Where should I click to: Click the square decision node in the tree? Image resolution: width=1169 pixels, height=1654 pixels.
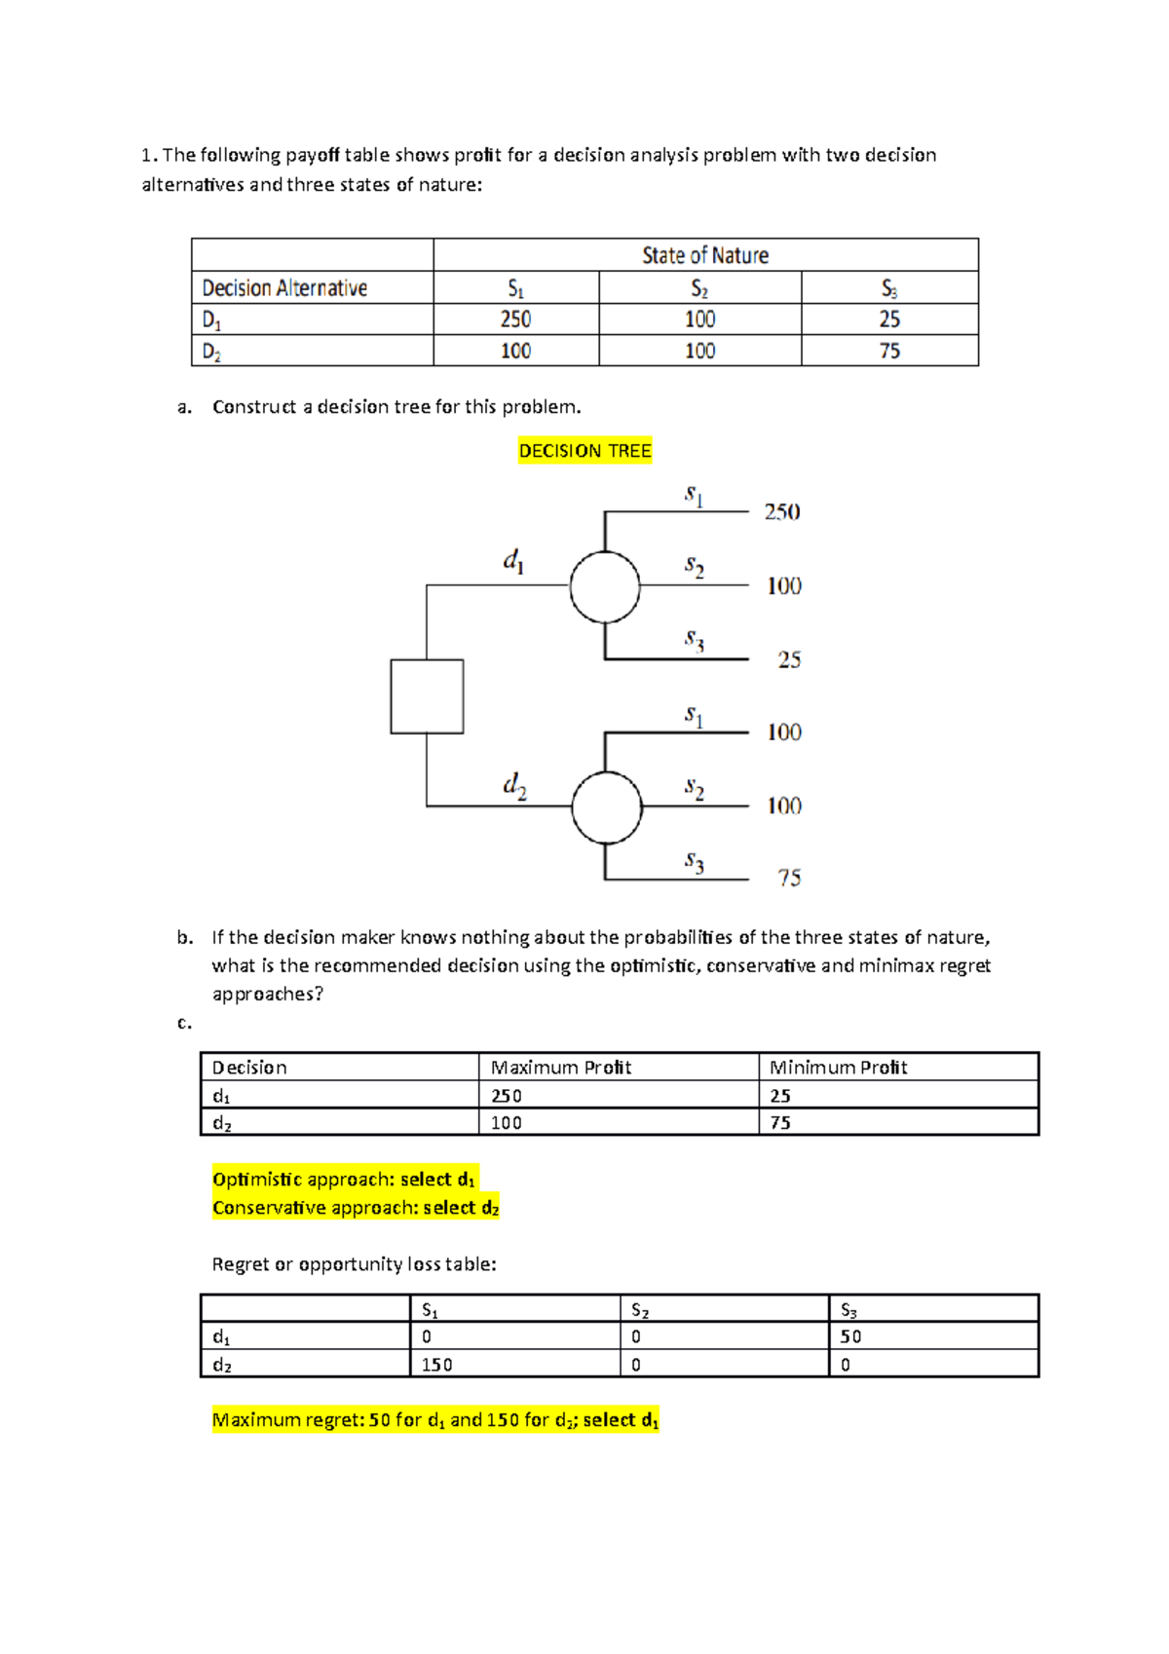click(x=427, y=696)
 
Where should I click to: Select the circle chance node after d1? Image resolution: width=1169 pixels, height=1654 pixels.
click(x=605, y=586)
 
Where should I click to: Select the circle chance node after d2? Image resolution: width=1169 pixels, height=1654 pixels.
click(x=607, y=808)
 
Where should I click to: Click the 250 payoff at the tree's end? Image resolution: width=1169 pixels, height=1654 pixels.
click(x=781, y=511)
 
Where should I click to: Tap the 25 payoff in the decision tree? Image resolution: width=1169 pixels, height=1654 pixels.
click(x=789, y=659)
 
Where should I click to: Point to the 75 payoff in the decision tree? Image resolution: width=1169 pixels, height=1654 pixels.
click(x=789, y=878)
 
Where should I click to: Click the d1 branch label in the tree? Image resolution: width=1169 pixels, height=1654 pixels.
click(x=513, y=560)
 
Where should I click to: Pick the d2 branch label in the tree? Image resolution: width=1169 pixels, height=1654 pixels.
click(x=514, y=784)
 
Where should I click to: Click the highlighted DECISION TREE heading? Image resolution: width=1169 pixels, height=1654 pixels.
click(x=584, y=451)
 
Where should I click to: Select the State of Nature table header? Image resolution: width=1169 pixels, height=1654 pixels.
click(x=705, y=255)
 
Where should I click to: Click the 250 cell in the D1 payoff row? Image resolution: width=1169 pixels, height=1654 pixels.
click(x=515, y=320)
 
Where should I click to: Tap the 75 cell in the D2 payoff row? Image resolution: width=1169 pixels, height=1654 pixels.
click(x=889, y=351)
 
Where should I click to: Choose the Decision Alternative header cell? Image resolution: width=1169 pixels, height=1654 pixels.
click(x=284, y=288)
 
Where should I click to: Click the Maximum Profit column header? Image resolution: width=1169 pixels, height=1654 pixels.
click(x=561, y=1068)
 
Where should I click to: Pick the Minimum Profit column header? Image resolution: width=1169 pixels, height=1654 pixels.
click(x=838, y=1068)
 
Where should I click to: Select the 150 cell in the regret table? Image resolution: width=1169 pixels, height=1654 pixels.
click(x=436, y=1365)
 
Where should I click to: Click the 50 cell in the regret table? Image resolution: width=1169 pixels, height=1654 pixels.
click(x=850, y=1336)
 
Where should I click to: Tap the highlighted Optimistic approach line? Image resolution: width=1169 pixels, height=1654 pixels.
click(x=344, y=1180)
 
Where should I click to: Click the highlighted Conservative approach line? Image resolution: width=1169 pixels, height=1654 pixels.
click(x=356, y=1208)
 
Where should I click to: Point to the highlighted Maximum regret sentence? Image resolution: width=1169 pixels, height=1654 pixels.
click(x=435, y=1420)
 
